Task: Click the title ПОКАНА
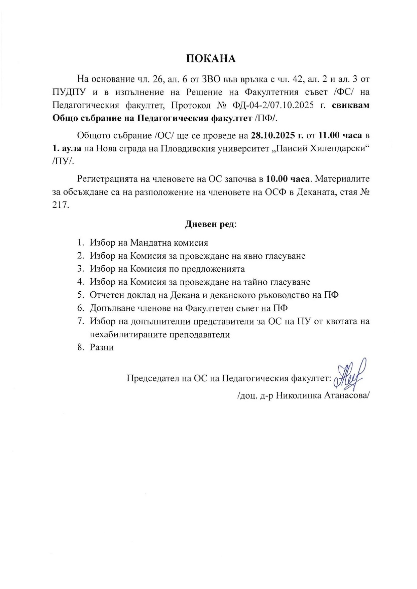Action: point(211,59)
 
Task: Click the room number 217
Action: point(61,205)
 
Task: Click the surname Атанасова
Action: point(347,395)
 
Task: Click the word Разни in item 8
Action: point(102,347)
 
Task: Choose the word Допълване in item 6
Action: point(111,308)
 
